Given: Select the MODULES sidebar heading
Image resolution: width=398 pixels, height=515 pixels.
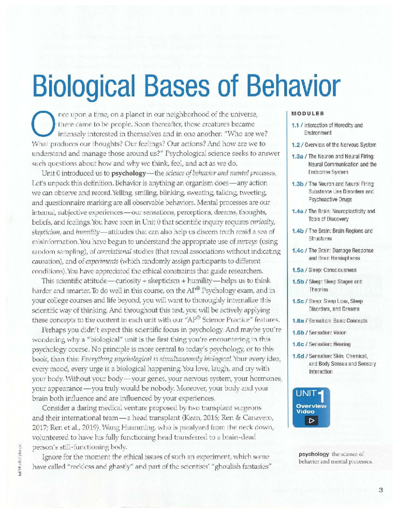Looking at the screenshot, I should coord(307,113).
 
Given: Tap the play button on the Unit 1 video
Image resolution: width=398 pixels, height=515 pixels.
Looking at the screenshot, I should coord(311,421).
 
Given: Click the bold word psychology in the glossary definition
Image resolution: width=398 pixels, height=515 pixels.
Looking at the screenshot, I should coord(314,454).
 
